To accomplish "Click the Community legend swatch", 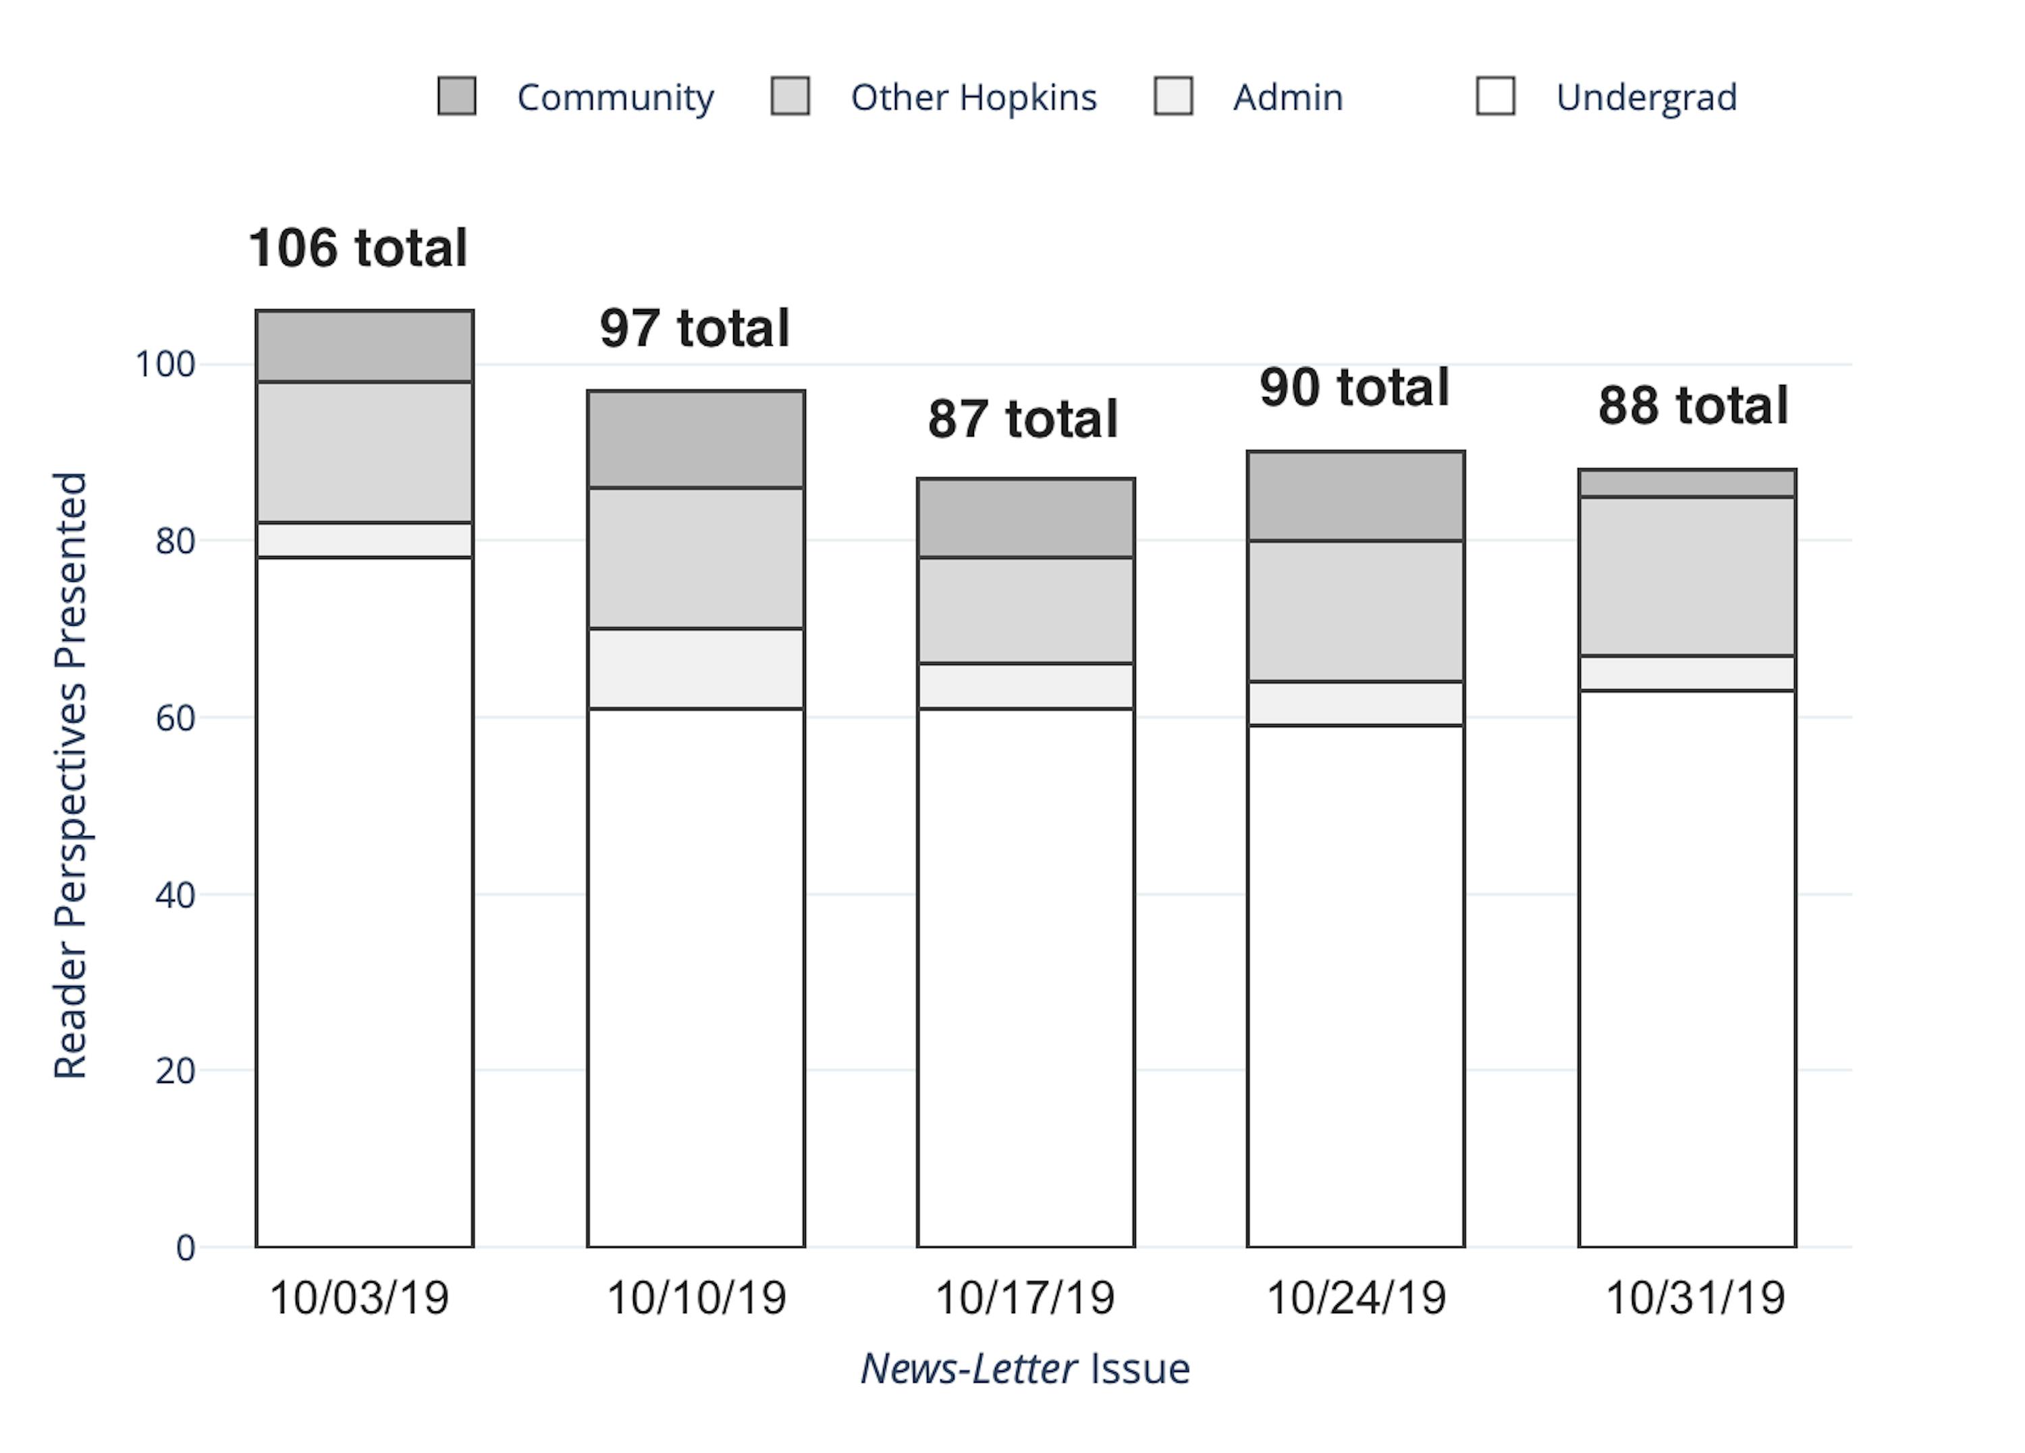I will [x=456, y=97].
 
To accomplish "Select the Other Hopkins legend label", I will [x=973, y=97].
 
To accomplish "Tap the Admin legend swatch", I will [x=1173, y=97].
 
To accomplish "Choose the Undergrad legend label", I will [x=1646, y=97].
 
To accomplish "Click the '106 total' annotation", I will [x=358, y=247].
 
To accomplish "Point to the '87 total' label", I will [x=1023, y=419].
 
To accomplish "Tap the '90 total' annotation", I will [x=1355, y=388].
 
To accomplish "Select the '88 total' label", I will [x=1693, y=405].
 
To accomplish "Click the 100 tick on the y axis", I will [x=165, y=365].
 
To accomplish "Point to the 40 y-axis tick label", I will [x=175, y=895].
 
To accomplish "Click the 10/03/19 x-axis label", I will [x=359, y=1298].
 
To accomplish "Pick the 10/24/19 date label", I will [x=1355, y=1298].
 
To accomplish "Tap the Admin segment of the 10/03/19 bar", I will [x=364, y=540].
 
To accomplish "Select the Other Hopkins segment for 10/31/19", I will [x=1687, y=576].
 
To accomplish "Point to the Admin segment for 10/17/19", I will [x=1026, y=686].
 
